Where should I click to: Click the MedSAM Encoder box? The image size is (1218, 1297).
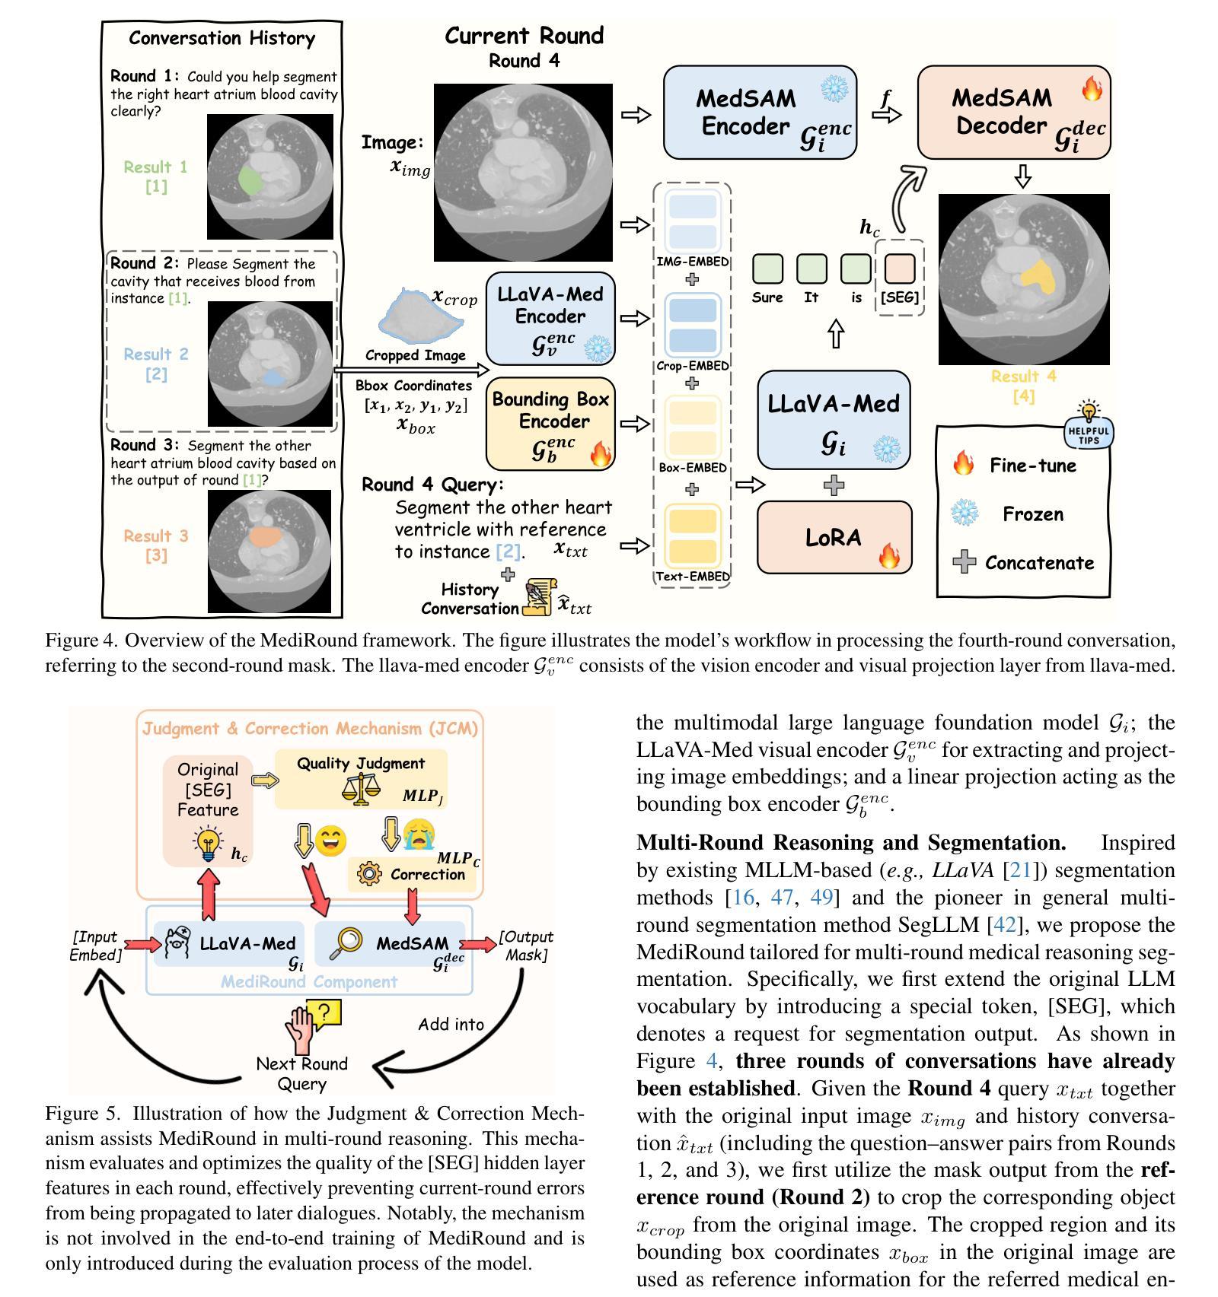pyautogui.click(x=760, y=112)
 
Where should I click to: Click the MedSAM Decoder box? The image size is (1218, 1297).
pyautogui.click(x=1013, y=112)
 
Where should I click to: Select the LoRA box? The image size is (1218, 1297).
pyautogui.click(x=834, y=537)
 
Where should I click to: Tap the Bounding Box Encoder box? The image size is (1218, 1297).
pyautogui.click(x=550, y=423)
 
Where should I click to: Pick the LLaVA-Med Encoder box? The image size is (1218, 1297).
pyautogui.click(x=550, y=318)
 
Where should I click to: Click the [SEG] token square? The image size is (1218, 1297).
pyautogui.click(x=899, y=269)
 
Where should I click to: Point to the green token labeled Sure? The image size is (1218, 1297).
pyautogui.click(x=767, y=269)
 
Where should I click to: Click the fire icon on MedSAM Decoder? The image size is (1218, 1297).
pyautogui.click(x=1092, y=90)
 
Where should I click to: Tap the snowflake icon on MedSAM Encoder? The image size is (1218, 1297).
pyautogui.click(x=835, y=89)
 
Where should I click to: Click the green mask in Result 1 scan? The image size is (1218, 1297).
pyautogui.click(x=249, y=180)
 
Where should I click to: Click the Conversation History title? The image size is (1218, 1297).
pyautogui.click(x=222, y=38)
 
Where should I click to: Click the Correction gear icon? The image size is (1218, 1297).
pyautogui.click(x=369, y=873)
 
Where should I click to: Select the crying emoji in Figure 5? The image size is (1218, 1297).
pyautogui.click(x=418, y=834)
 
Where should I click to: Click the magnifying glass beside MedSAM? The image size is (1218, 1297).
pyautogui.click(x=346, y=943)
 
